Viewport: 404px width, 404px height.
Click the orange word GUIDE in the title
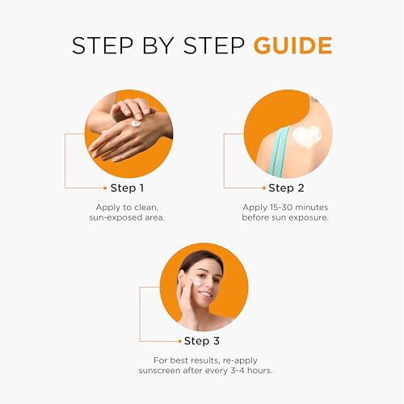tap(293, 45)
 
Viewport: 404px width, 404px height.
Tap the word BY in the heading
tap(158, 45)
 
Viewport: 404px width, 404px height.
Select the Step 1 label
tap(127, 188)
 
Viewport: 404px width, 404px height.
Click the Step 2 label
tap(286, 188)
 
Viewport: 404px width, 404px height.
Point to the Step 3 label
tap(202, 341)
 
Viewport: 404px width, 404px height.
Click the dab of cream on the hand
tap(136, 124)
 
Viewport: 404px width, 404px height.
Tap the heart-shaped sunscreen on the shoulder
tap(307, 137)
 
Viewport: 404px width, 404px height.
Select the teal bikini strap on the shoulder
tap(279, 152)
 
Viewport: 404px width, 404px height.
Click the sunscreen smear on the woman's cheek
tap(197, 282)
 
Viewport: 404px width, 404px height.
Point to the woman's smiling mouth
tap(205, 294)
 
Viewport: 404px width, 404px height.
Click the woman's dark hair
tap(200, 260)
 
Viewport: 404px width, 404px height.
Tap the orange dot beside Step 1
tap(105, 188)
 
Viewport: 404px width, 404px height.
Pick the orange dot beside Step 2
tap(264, 188)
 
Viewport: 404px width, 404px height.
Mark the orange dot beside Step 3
tap(180, 341)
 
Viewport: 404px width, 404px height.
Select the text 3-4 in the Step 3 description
tap(238, 371)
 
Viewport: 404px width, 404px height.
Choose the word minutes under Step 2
tap(312, 208)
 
